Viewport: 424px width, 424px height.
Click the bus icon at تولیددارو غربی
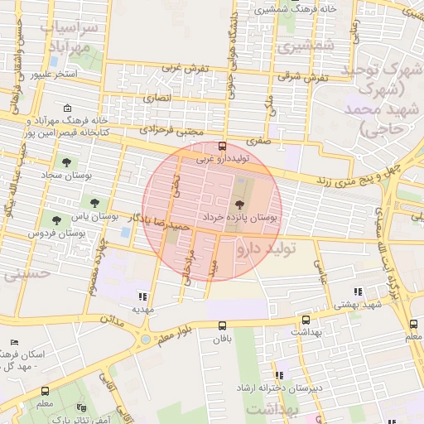(222, 146)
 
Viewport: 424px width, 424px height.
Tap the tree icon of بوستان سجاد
(67, 162)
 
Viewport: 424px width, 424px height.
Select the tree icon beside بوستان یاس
(97, 201)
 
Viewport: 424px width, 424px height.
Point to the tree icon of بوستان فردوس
(55, 220)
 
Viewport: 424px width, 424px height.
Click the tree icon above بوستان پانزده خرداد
(239, 203)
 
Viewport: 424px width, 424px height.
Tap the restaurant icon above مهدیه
(143, 296)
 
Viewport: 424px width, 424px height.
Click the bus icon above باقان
(221, 326)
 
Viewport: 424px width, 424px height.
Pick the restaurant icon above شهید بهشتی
(358, 291)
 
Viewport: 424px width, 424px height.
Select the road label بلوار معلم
(178, 333)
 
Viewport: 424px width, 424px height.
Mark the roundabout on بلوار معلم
(147, 339)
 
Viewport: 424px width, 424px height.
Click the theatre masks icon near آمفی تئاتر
(81, 407)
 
